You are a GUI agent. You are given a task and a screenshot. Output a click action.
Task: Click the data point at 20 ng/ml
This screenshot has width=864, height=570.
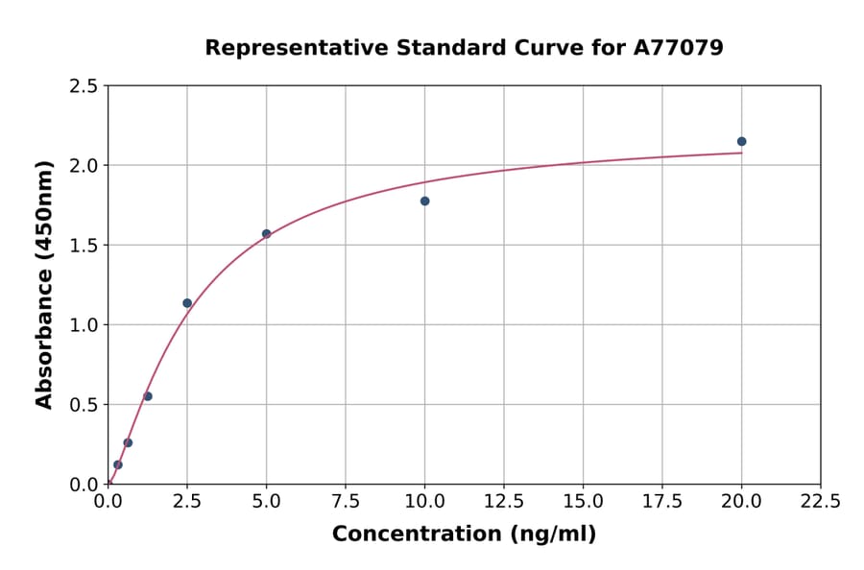[x=741, y=142]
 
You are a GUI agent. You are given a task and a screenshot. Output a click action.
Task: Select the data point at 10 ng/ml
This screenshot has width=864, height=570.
[x=424, y=202]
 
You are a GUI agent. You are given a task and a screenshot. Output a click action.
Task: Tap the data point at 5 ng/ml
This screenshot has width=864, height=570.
[x=267, y=234]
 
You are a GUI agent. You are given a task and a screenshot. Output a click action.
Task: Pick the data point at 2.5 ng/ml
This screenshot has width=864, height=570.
[x=187, y=303]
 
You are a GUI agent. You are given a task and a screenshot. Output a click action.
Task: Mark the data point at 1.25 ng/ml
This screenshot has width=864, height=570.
[x=148, y=396]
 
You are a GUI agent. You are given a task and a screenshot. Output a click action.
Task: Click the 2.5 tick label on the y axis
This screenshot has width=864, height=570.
[x=84, y=86]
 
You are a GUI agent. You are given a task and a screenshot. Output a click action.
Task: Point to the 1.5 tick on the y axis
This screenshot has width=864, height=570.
[x=84, y=246]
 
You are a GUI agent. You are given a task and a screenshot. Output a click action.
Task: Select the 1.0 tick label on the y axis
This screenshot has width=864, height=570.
[x=84, y=325]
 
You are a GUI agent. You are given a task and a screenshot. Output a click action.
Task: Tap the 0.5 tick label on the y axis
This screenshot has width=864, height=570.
[x=84, y=405]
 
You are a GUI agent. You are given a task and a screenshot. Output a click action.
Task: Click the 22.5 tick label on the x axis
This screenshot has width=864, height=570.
[x=821, y=502]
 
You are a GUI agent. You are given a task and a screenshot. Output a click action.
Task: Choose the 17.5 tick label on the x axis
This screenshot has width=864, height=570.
[x=662, y=502]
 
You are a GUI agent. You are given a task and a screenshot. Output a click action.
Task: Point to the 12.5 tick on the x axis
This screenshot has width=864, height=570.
[x=504, y=502]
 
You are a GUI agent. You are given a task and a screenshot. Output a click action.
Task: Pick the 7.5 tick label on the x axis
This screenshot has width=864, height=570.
[x=346, y=502]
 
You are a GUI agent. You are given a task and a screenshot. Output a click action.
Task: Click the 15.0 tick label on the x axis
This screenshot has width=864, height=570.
[x=583, y=502]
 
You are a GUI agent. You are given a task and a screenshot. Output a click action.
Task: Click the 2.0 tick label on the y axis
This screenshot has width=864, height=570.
[x=84, y=166]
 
